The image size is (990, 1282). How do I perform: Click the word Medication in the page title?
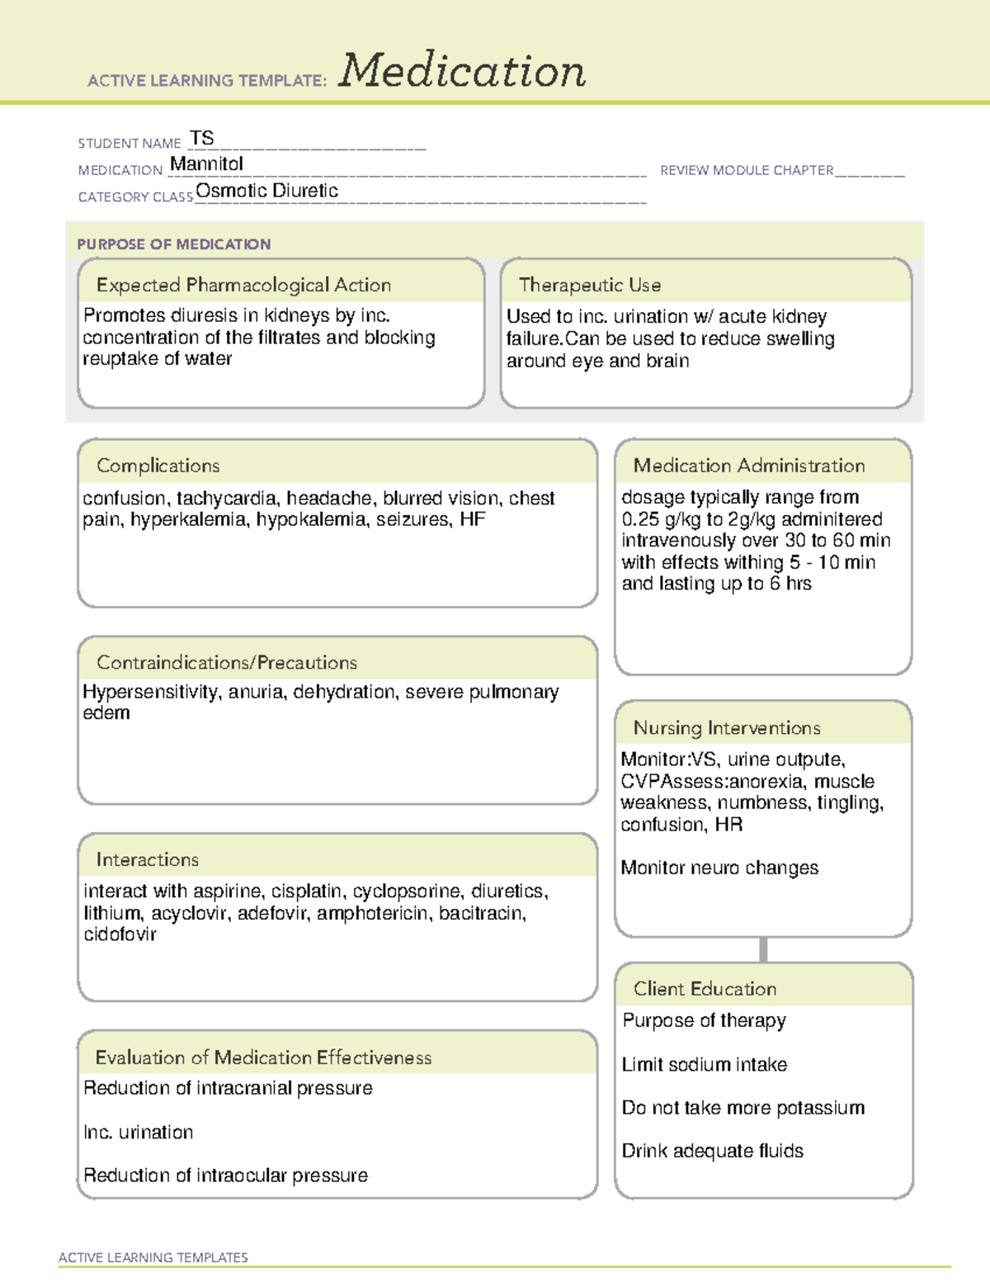click(462, 71)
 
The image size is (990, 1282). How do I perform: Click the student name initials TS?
click(201, 138)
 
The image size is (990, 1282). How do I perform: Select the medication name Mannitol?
click(206, 164)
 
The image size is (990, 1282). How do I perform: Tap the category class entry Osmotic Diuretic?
click(266, 191)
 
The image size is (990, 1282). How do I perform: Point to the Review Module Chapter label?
click(747, 170)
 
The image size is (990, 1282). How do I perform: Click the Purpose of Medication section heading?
click(173, 244)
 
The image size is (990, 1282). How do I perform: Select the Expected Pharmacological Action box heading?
click(243, 285)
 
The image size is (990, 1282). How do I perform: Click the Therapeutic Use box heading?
click(589, 285)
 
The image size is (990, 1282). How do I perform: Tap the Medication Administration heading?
click(748, 466)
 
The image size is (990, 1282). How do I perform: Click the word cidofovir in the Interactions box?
click(120, 934)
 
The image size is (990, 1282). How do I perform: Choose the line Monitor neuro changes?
click(719, 868)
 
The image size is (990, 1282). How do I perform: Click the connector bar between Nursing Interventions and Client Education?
click(763, 949)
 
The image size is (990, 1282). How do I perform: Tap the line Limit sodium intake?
click(705, 1065)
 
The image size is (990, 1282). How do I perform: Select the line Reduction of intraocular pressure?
click(225, 1176)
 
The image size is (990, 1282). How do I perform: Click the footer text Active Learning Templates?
click(153, 1257)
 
